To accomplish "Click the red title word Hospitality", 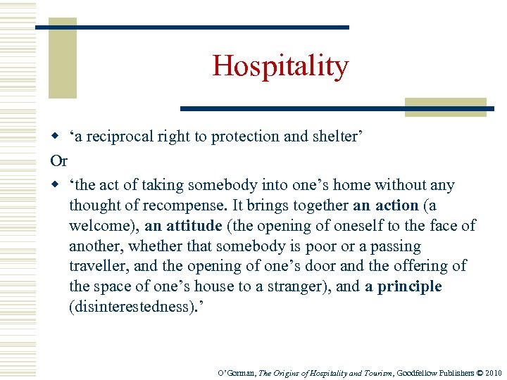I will (280, 66).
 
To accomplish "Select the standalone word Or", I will (59, 160).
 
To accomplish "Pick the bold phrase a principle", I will (403, 286).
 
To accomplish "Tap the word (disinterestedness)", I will (129, 307).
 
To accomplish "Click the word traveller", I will (98, 267).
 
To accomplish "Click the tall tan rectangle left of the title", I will (62, 59).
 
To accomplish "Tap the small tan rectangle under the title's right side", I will (445, 106).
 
